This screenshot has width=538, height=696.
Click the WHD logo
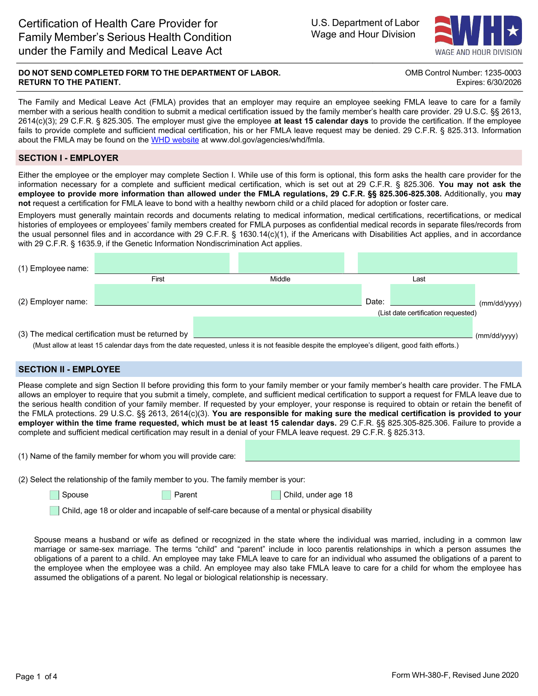(x=478, y=35)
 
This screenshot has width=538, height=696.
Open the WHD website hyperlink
(x=175, y=140)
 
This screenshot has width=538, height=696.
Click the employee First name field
(x=162, y=263)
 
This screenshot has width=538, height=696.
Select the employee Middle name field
(x=291, y=263)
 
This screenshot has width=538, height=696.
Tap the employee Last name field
(x=437, y=263)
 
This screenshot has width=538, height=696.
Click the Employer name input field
(x=228, y=295)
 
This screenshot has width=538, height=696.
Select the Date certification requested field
(x=433, y=295)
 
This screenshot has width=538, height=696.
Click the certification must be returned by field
(x=333, y=327)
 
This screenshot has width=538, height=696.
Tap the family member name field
(x=382, y=450)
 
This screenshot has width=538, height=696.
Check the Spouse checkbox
(x=54, y=495)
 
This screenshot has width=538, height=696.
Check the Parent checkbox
(x=167, y=495)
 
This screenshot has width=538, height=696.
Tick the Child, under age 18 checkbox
(x=276, y=495)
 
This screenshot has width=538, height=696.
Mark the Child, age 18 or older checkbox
(x=54, y=511)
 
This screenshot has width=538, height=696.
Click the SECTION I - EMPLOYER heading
(x=68, y=158)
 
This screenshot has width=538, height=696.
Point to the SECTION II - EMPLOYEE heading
(x=69, y=370)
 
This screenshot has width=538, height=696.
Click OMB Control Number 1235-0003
(x=463, y=73)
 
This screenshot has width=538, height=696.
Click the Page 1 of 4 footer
(x=36, y=677)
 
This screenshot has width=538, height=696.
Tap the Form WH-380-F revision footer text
(x=455, y=675)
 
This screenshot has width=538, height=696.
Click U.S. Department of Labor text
(x=365, y=23)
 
